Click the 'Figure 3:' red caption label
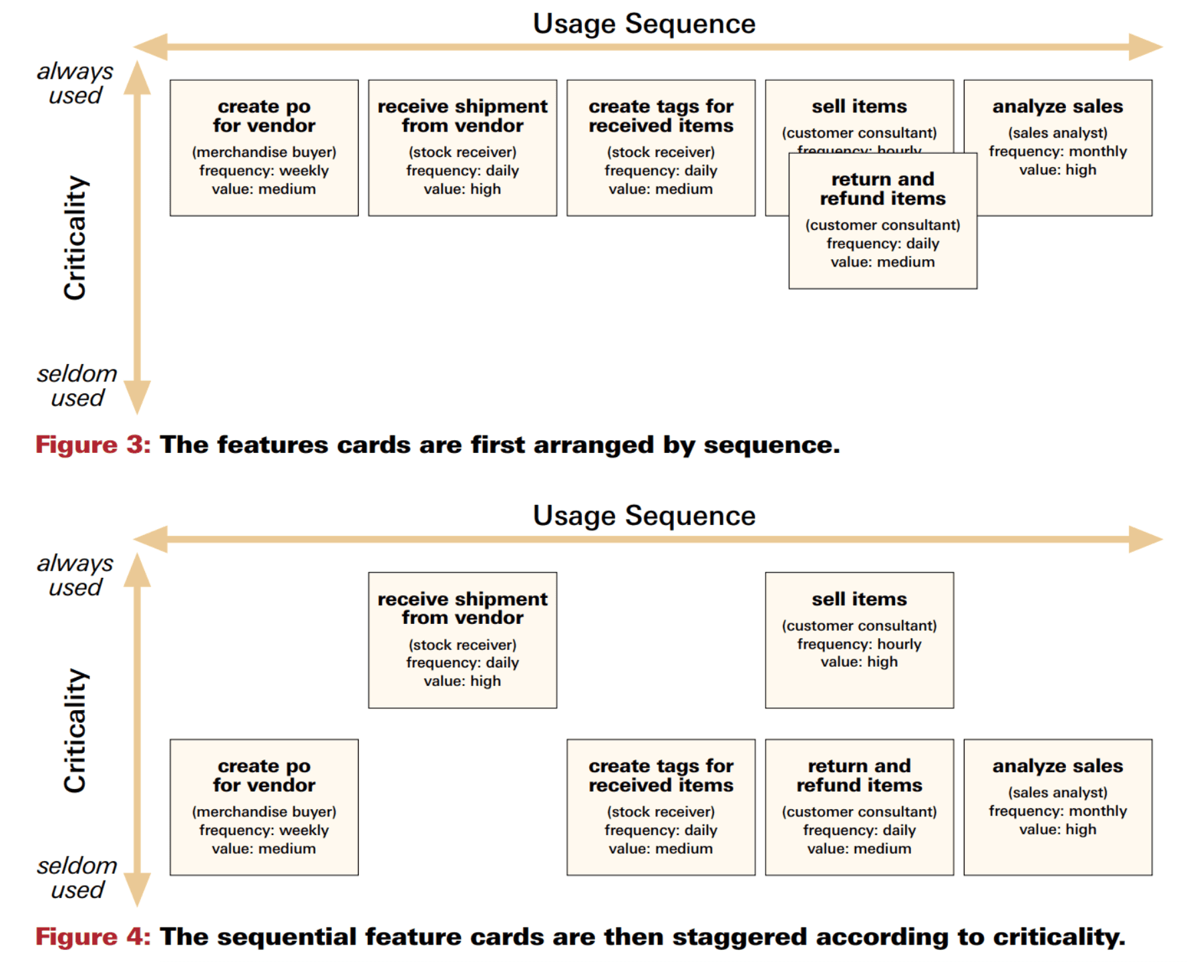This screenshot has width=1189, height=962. [x=93, y=445]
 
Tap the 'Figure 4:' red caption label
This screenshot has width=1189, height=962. [x=93, y=937]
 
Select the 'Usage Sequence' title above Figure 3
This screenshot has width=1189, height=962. [x=644, y=24]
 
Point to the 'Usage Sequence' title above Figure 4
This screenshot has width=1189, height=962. [x=644, y=516]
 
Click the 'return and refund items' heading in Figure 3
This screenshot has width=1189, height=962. [x=882, y=189]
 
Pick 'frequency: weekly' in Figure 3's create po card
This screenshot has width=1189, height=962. [x=264, y=171]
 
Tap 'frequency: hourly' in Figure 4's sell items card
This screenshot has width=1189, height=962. [x=859, y=644]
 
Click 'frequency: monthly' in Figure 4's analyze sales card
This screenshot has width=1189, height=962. [x=1057, y=811]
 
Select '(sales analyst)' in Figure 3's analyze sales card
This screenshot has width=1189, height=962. [x=1057, y=133]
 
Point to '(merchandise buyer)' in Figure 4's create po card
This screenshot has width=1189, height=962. [x=264, y=812]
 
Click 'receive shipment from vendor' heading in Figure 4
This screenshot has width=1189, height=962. [x=462, y=608]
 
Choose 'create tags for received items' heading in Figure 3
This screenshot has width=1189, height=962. [x=661, y=116]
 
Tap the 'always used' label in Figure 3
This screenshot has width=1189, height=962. [x=75, y=84]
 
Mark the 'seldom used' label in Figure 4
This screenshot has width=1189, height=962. [x=77, y=878]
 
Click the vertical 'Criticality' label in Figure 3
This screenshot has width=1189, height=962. [x=75, y=238]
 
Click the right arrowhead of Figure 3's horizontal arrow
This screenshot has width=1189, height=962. [x=1148, y=47]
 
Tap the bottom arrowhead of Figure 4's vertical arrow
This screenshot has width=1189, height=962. [x=137, y=891]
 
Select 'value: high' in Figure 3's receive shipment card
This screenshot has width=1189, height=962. [x=462, y=189]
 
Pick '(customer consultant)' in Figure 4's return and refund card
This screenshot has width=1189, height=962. [x=859, y=812]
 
